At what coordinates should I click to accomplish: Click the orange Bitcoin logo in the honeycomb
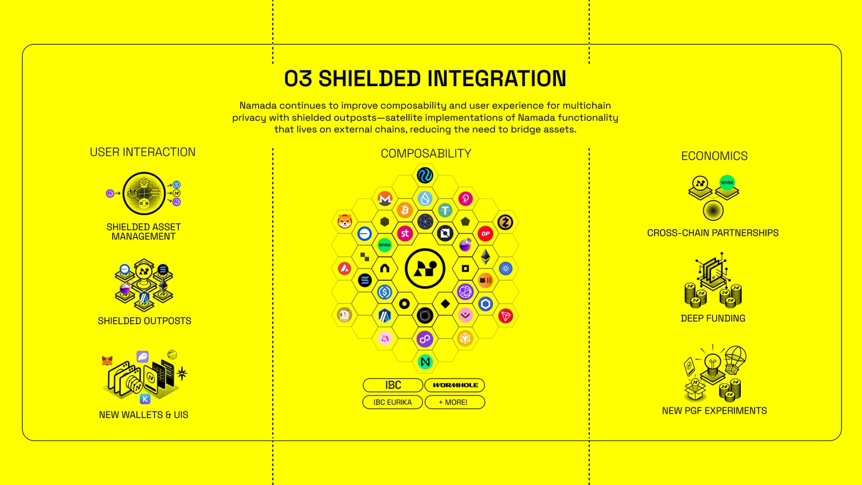tap(405, 210)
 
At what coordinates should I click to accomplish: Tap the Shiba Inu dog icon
tap(344, 221)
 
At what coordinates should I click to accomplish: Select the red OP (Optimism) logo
tap(485, 233)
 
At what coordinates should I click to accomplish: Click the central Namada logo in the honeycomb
tap(425, 268)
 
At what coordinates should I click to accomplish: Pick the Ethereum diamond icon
tap(485, 257)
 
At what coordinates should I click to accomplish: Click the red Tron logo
tap(505, 316)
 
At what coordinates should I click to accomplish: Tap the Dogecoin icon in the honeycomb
tap(344, 315)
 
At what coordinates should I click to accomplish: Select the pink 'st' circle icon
tap(405, 233)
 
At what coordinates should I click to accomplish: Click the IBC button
tap(393, 385)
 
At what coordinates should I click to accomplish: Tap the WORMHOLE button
tap(455, 385)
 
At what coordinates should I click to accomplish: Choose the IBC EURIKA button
tap(393, 402)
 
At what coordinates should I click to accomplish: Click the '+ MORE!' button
tap(455, 402)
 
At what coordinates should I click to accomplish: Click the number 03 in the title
tap(298, 79)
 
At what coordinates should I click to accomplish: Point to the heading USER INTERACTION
tap(143, 152)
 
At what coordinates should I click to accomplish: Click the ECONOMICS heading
tap(714, 156)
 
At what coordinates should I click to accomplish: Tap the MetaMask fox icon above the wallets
tap(107, 361)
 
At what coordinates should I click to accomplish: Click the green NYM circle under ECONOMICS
tap(727, 182)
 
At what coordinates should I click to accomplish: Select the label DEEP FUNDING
tap(713, 318)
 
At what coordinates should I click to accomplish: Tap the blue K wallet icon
tap(144, 399)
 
